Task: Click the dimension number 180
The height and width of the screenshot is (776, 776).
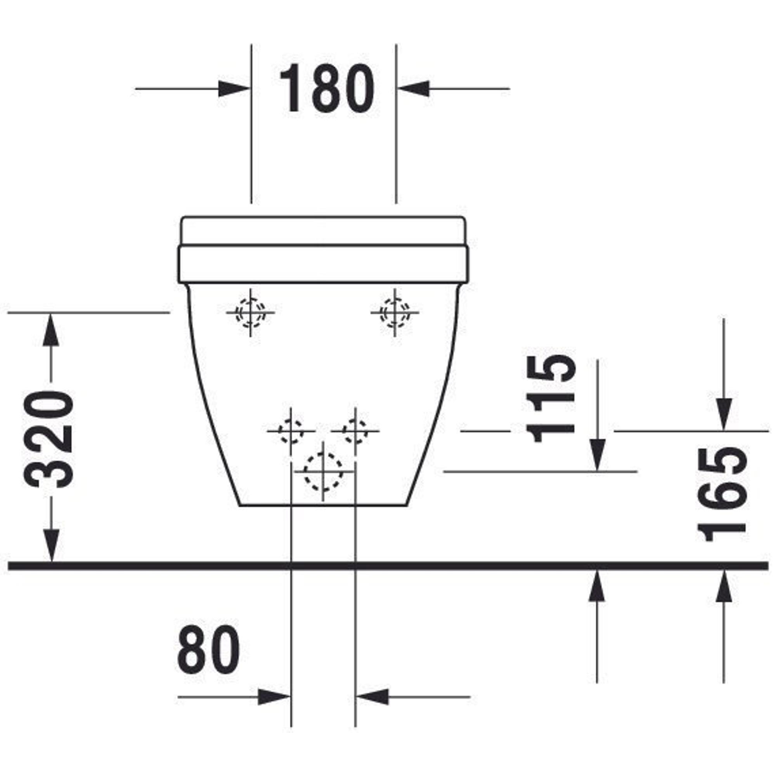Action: click(327, 88)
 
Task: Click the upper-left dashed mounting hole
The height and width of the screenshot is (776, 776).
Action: click(251, 312)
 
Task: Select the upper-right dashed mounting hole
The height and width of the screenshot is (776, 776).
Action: click(395, 312)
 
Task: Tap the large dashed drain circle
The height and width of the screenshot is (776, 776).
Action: click(323, 472)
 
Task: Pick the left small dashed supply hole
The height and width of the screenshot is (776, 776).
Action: click(291, 431)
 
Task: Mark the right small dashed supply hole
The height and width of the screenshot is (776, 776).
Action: click(355, 431)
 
